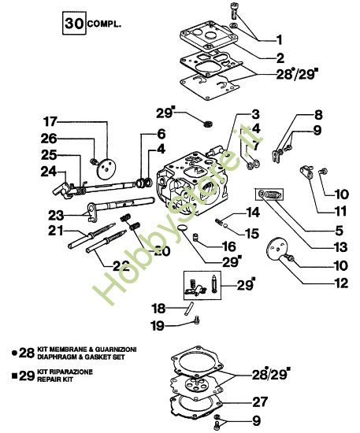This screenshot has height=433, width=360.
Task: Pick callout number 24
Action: (x=49, y=169)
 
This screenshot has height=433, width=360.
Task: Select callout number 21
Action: (x=55, y=230)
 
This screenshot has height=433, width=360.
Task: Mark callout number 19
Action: (x=158, y=324)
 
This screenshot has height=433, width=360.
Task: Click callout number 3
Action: (x=256, y=114)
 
